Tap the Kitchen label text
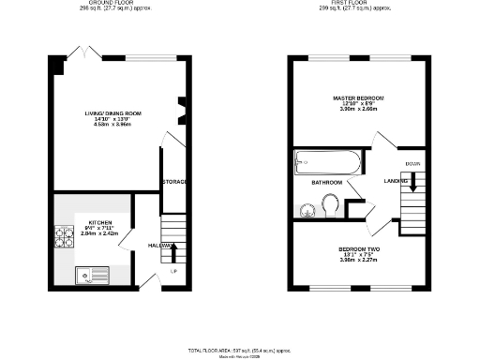click(93, 224)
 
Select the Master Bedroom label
click(357, 97)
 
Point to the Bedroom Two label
click(357, 248)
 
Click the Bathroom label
click(325, 182)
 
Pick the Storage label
click(175, 181)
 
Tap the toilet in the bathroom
click(329, 203)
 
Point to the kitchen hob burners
click(66, 240)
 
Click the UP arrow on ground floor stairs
click(172, 251)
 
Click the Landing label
click(395, 181)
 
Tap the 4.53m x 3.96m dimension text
click(112, 125)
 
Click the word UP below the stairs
click(174, 272)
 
